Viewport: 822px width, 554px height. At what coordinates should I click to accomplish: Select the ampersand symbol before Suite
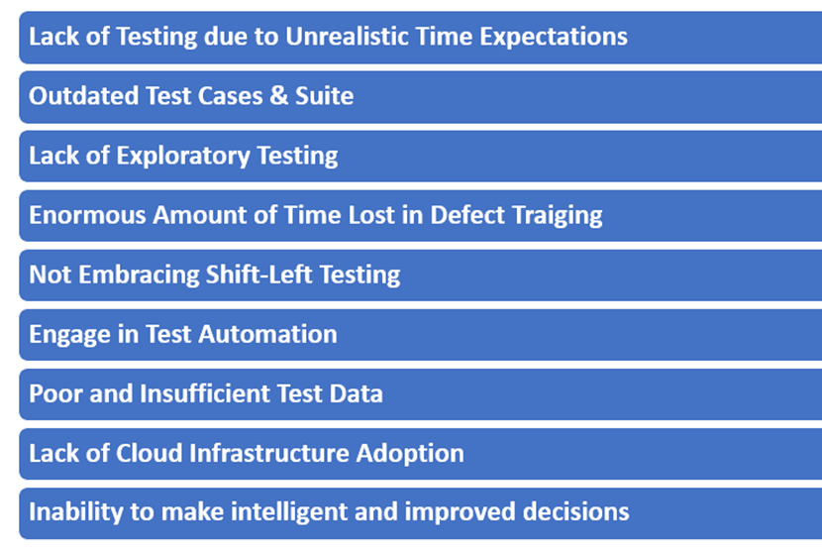click(x=279, y=95)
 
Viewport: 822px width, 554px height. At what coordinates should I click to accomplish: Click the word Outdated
click(x=83, y=96)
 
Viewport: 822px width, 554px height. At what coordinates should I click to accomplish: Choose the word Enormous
click(x=87, y=215)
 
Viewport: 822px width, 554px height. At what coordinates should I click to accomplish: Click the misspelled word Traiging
click(x=557, y=216)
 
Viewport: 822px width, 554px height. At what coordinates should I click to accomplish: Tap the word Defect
click(x=467, y=215)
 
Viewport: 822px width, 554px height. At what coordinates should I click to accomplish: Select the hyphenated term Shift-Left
click(x=258, y=275)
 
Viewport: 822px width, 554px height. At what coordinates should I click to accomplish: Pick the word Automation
click(x=267, y=334)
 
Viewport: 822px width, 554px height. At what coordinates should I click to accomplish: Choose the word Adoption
click(x=410, y=454)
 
